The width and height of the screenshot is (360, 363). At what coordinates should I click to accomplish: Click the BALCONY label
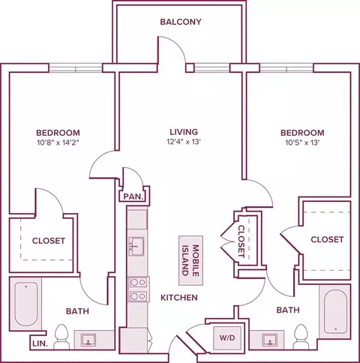point(181,22)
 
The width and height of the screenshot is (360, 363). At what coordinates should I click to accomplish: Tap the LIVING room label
point(184,132)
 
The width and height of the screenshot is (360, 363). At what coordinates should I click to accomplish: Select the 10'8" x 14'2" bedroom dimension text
point(58,142)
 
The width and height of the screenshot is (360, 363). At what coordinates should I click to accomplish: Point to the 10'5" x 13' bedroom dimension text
point(302,142)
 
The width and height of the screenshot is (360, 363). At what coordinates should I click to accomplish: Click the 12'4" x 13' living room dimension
point(184,142)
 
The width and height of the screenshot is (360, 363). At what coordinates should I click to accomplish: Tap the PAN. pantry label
point(134,196)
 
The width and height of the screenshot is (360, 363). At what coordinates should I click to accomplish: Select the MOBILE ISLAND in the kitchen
point(190,260)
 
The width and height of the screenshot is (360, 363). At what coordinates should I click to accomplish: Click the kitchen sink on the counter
point(136,247)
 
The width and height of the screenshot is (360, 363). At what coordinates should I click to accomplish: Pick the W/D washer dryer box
point(227,337)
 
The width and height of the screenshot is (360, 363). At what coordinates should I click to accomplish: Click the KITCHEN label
point(179,298)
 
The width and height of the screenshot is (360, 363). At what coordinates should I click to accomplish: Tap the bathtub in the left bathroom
point(26,304)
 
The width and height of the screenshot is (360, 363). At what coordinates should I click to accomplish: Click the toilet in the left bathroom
point(61,337)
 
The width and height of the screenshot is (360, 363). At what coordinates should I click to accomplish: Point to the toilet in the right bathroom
point(301,337)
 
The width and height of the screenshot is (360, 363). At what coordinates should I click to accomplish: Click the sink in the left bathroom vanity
point(88,340)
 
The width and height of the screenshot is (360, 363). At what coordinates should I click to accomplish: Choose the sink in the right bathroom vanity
point(270,340)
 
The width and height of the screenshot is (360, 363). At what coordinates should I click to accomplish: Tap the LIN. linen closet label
point(40,344)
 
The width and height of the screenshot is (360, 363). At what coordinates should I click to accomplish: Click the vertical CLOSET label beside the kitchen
point(241,241)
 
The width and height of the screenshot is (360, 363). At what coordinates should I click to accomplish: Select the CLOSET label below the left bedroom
point(49,241)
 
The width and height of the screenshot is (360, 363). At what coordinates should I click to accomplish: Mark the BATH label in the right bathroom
point(288,310)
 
